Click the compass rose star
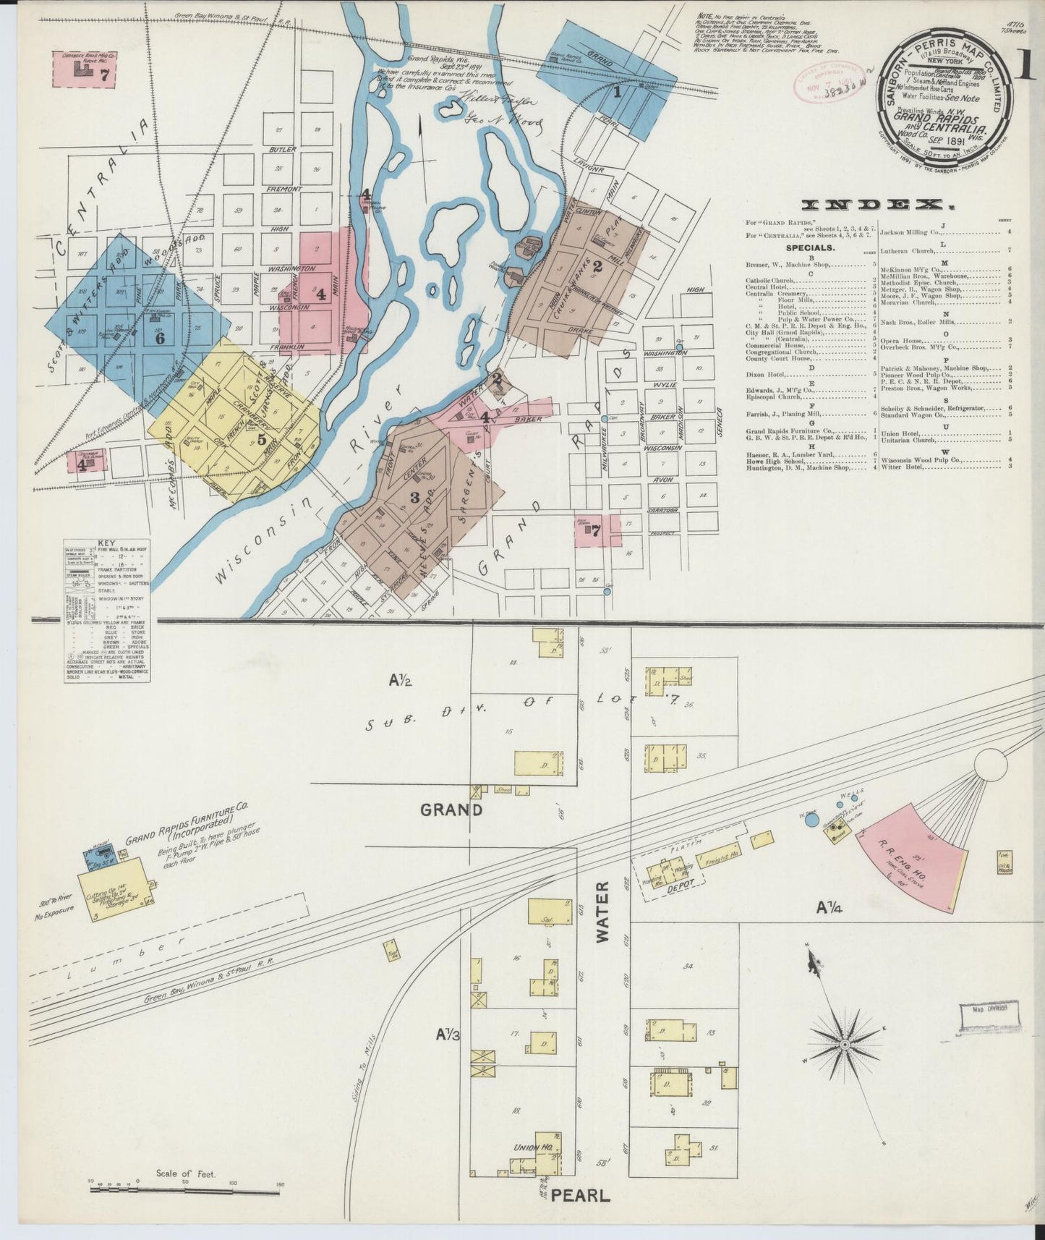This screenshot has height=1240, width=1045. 844,1045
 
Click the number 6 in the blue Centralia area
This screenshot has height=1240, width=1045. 160,338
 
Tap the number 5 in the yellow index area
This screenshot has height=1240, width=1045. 261,438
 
